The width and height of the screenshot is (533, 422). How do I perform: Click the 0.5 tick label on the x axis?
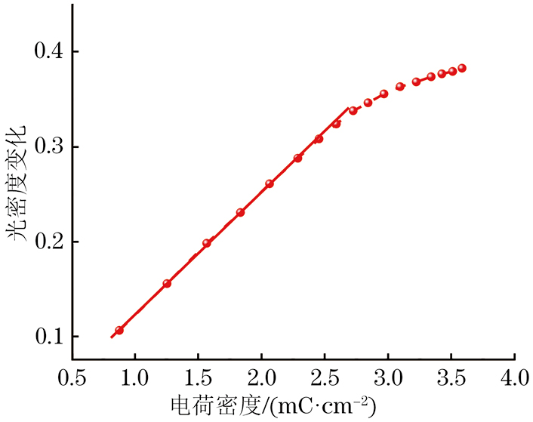(72, 376)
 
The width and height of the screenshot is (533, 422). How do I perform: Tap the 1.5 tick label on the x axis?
(198, 376)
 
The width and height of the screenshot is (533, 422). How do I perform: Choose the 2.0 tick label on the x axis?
(261, 376)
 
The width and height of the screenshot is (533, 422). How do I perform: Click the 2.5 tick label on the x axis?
(325, 376)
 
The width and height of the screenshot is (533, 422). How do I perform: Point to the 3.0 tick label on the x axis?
(388, 376)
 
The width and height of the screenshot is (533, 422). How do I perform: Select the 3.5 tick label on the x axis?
(451, 376)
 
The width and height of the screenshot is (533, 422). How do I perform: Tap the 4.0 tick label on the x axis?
(515, 376)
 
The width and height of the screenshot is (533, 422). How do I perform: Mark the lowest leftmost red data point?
(119, 330)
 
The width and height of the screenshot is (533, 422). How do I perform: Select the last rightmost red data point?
(462, 68)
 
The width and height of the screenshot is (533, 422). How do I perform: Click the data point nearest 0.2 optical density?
(207, 243)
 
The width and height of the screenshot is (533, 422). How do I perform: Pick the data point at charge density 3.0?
(384, 94)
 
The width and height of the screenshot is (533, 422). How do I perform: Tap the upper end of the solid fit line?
(348, 109)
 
